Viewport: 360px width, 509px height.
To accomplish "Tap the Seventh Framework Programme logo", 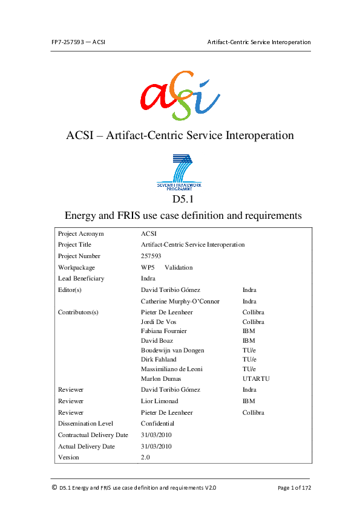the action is (x=180, y=172).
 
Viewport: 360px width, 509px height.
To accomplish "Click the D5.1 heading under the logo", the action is (x=180, y=198).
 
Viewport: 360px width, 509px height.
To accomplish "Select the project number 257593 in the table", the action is (x=151, y=256).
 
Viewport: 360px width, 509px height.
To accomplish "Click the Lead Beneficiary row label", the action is (x=81, y=279).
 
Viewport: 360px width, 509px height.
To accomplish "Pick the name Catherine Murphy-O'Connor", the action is (x=180, y=301).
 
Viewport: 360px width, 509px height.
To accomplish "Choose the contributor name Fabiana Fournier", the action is (x=163, y=331).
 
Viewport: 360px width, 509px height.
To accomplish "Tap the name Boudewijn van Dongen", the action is (x=172, y=350).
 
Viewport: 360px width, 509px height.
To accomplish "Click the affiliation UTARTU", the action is (x=256, y=378).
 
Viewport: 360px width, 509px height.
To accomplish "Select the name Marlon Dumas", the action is (x=159, y=378).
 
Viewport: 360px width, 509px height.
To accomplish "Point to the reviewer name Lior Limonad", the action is (x=160, y=401).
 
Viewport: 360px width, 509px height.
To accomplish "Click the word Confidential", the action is (x=158, y=423).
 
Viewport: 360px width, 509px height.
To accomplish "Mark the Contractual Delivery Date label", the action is (x=93, y=435).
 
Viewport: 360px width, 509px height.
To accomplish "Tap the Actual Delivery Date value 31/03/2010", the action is (x=156, y=446).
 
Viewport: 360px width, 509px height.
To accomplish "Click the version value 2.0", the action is (x=145, y=458).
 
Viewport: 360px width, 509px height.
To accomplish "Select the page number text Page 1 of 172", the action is (x=294, y=487).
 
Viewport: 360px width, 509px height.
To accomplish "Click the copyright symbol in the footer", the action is (x=54, y=487).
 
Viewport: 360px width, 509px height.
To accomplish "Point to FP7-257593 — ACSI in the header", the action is (x=79, y=42).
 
